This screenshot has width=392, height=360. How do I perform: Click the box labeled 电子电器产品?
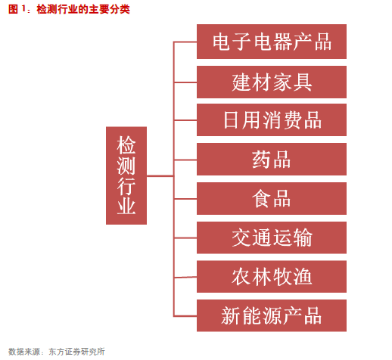272,42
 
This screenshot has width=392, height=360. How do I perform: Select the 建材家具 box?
272,82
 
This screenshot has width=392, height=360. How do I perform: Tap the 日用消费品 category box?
272,119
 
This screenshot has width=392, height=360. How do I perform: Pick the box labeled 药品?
272,159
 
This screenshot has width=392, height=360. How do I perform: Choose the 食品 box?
272,198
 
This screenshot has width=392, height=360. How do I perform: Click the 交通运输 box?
272,237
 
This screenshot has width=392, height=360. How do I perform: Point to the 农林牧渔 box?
272,277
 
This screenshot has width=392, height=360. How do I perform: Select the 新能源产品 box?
272,315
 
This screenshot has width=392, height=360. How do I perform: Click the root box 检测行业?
126,175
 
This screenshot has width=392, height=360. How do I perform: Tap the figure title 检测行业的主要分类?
83,9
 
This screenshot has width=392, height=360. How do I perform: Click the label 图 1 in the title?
17,9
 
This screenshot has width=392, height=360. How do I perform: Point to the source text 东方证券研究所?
76,352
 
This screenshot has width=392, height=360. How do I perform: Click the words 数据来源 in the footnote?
24,352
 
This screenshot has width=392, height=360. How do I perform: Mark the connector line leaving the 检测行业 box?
160,175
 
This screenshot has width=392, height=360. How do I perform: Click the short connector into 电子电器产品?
185,42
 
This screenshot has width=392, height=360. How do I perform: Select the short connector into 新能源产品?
185,315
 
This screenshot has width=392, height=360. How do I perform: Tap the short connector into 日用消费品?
185,120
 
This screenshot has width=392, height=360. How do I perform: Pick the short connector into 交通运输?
185,237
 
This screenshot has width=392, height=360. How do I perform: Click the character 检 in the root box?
126,144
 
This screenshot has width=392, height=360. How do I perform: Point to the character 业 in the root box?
126,206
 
